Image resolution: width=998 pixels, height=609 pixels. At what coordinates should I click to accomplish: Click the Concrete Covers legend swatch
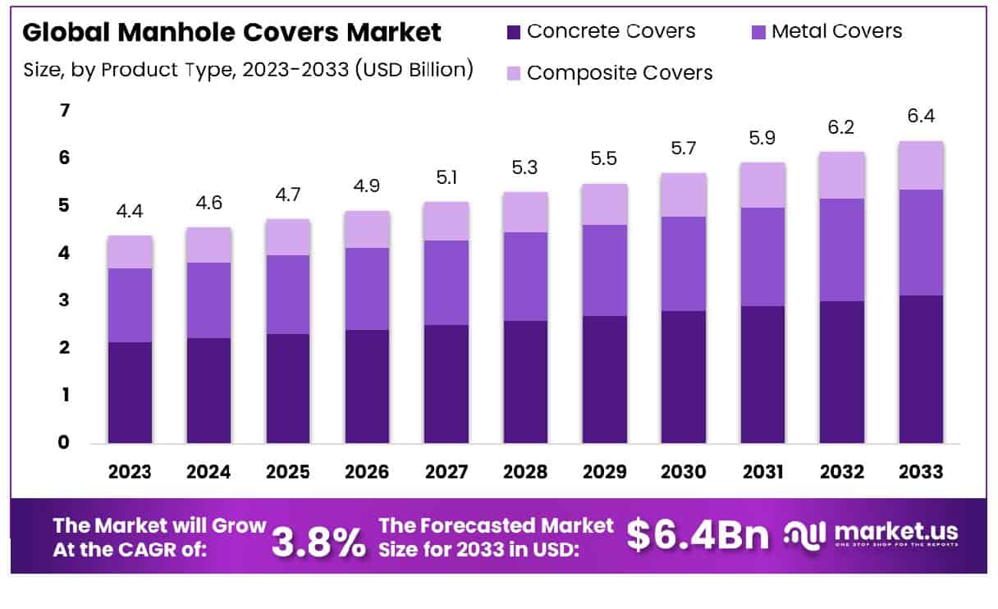514,33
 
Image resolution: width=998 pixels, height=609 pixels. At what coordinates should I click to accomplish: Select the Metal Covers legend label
836,32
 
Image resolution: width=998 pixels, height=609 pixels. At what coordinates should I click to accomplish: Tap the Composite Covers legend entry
620,73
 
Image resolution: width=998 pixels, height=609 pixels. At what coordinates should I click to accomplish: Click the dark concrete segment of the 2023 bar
130,392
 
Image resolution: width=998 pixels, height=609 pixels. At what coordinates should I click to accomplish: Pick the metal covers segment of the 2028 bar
525,277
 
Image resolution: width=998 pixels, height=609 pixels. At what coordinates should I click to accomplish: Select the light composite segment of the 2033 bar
920,166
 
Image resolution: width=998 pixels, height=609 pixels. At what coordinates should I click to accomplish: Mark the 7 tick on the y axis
65,110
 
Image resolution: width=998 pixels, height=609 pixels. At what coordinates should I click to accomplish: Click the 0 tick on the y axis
65,443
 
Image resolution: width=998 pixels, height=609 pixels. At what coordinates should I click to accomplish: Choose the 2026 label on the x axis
367,472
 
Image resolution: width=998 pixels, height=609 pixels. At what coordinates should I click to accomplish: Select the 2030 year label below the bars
684,472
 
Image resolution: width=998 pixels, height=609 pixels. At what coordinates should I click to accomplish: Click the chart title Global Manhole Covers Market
231,33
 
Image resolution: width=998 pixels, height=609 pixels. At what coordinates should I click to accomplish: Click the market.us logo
871,535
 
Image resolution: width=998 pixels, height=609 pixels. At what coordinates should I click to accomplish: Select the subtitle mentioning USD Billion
248,70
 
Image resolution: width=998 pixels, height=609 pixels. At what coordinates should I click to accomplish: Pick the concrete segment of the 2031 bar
762,374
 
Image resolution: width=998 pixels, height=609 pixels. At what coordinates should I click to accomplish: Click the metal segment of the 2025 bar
288,295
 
